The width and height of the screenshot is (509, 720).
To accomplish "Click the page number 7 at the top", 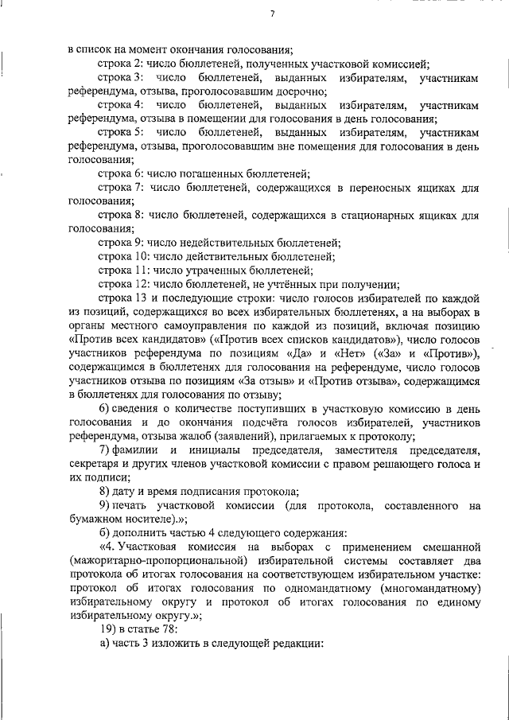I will (272, 14).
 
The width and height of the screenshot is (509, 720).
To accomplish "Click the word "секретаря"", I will (94, 464).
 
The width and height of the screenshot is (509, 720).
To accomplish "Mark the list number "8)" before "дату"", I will (103, 492).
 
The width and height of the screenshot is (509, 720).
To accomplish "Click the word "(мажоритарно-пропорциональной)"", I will (145, 561).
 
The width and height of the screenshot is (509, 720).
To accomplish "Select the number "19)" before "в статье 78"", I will (107, 630).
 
